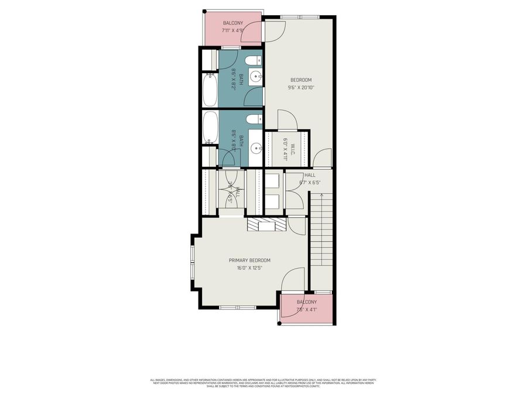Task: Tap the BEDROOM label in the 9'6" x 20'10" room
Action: tap(300, 80)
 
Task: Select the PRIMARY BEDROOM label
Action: tap(249, 260)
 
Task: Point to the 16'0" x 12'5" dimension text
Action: tap(249, 268)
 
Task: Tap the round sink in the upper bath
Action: tap(255, 75)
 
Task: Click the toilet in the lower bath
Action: tap(252, 119)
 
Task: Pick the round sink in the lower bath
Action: tap(256, 149)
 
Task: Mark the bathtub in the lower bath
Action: tap(209, 128)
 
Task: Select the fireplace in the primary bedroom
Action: tap(266, 225)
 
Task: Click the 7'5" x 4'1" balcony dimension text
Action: tap(306, 310)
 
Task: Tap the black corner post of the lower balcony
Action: tap(279, 322)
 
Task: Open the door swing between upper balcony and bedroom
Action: tap(253, 33)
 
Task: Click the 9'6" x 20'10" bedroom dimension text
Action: tap(300, 88)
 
